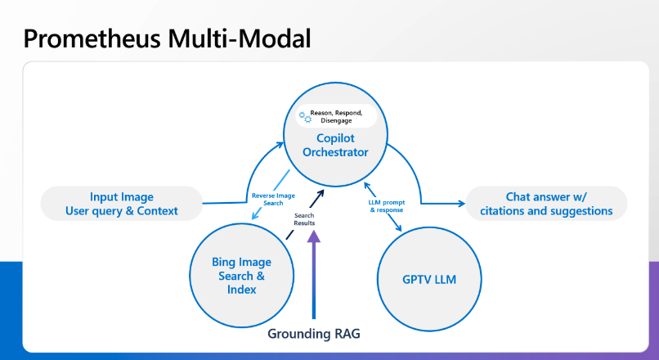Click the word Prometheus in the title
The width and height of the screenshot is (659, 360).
(92, 38)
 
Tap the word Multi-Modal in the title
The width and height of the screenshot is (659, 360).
(240, 38)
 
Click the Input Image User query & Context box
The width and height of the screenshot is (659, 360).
(122, 204)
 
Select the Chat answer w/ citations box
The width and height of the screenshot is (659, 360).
(546, 204)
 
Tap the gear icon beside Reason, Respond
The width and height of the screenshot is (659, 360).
(305, 117)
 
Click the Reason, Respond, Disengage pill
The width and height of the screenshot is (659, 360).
(336, 116)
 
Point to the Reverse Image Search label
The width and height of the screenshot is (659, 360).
(273, 200)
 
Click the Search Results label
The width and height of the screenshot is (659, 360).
(304, 219)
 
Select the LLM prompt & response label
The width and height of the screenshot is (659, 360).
(387, 206)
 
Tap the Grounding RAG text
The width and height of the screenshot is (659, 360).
(314, 334)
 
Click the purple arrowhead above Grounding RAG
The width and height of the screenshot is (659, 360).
(313, 236)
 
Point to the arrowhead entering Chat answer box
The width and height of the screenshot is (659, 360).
(461, 204)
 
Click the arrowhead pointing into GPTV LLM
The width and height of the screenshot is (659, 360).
(398, 228)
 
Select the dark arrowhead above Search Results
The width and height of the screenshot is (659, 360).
(321, 193)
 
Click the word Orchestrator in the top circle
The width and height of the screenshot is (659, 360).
(335, 152)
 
